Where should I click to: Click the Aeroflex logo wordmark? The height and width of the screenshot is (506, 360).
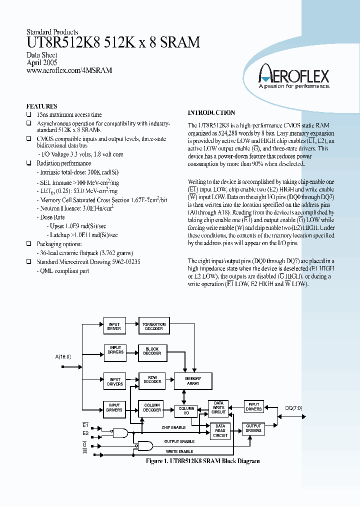(x=293, y=76)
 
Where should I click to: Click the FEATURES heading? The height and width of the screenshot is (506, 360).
(x=41, y=106)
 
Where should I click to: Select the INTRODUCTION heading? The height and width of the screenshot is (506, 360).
(x=211, y=113)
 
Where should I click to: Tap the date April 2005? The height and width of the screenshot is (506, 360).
(x=41, y=62)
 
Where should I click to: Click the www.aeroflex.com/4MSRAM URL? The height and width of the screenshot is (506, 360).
(x=69, y=70)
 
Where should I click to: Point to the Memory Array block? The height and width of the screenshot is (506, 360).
(x=193, y=381)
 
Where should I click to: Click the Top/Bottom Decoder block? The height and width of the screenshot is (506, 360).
(x=153, y=326)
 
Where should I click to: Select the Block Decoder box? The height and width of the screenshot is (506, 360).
(x=152, y=351)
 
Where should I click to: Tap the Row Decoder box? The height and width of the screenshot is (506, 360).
(x=152, y=379)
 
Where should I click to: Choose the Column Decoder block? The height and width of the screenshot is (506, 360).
(x=152, y=407)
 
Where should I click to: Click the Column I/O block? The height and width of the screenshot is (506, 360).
(x=186, y=411)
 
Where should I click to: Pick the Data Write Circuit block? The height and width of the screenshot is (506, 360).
(x=218, y=407)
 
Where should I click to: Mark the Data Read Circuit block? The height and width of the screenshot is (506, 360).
(x=220, y=430)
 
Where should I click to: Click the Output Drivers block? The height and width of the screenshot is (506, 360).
(x=253, y=428)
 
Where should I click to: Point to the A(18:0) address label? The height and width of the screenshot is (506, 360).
(x=63, y=356)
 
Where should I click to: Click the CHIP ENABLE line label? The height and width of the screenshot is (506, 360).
(x=173, y=427)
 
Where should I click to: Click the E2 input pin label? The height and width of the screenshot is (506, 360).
(x=85, y=433)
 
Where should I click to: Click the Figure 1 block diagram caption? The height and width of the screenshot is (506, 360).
(x=202, y=461)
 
